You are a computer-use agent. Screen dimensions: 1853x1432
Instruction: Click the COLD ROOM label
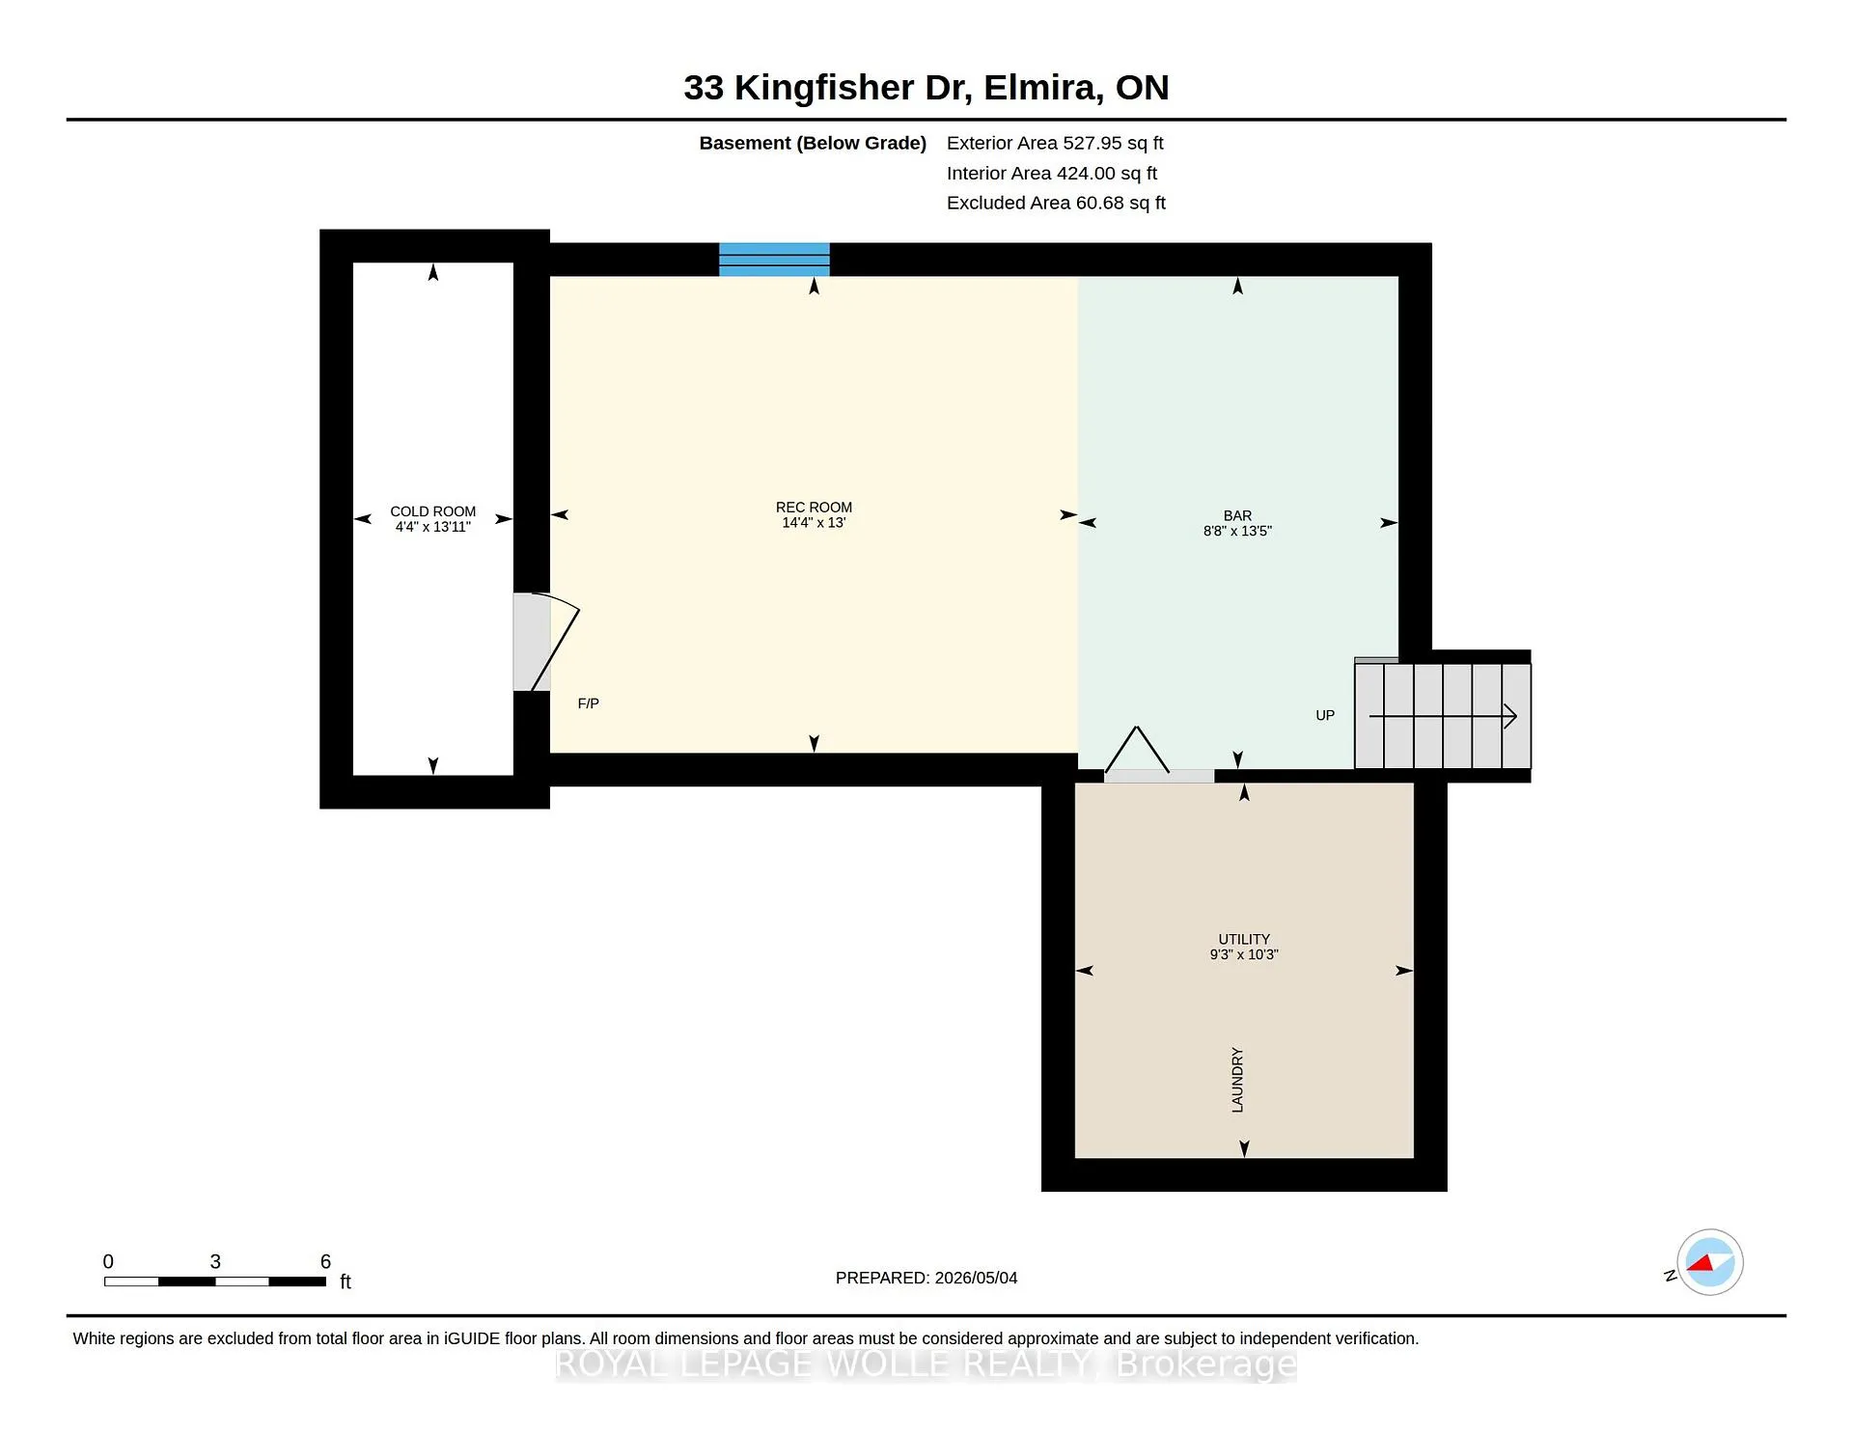[432, 511]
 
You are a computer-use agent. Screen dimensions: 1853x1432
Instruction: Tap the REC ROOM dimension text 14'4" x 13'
[814, 523]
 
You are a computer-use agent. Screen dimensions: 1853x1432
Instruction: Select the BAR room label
[1237, 516]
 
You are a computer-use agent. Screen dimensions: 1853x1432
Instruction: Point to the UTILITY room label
[1244, 939]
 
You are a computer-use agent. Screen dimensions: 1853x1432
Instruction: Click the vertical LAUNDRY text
[1237, 1080]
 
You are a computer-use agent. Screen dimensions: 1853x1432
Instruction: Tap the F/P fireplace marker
[588, 703]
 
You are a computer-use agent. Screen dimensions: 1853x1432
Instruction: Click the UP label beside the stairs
[1325, 715]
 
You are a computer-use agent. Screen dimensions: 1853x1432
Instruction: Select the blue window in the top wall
[774, 260]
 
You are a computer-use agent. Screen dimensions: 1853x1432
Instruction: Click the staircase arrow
[1443, 716]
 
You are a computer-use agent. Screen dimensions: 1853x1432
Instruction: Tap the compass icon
[1709, 1262]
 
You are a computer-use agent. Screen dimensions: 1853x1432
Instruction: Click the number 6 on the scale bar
[325, 1261]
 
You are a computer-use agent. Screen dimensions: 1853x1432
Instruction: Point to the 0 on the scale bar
[108, 1261]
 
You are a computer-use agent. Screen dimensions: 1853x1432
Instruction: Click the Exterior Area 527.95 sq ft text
[1055, 143]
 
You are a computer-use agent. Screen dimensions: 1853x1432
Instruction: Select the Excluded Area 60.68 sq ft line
[1056, 203]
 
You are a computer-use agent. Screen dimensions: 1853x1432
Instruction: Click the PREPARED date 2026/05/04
[976, 1278]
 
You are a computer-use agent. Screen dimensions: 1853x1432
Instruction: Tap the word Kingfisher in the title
[823, 88]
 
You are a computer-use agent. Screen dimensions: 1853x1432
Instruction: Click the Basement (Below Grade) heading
[813, 143]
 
